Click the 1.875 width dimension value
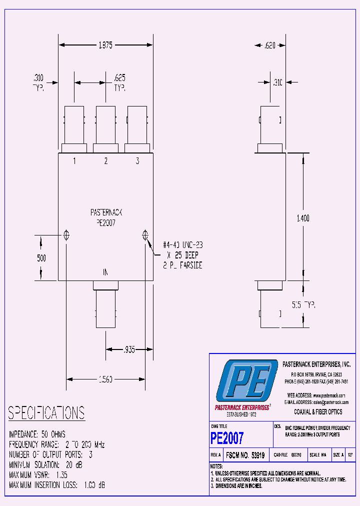[105, 45]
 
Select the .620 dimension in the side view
[269, 45]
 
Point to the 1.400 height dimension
[303, 218]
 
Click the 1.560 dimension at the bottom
[105, 379]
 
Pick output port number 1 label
[74, 161]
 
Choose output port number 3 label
[137, 161]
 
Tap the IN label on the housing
[105, 272]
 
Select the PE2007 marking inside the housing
[105, 223]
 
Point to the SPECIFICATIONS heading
[46, 413]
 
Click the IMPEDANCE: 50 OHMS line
[37, 434]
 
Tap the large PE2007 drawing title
[227, 438]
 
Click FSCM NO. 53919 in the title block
[245, 455]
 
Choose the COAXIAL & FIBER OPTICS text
[318, 412]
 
